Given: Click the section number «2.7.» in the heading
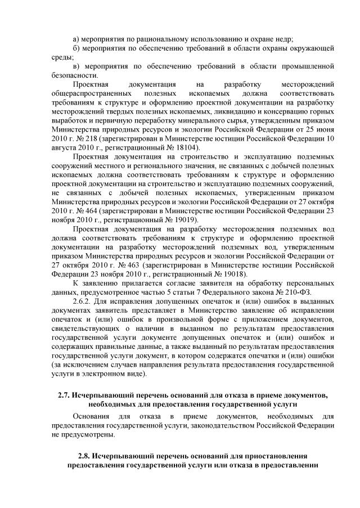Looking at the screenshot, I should tap(65, 395).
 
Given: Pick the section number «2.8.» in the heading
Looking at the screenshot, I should tap(85, 455).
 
